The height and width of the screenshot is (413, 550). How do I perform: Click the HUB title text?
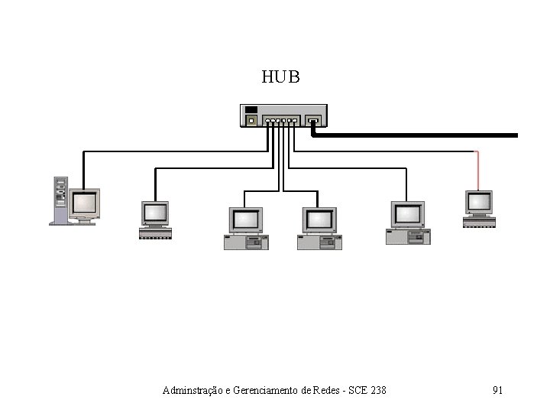coord(280,77)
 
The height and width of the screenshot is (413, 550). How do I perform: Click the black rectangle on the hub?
coord(251,109)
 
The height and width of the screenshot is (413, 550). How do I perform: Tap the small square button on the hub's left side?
coord(251,120)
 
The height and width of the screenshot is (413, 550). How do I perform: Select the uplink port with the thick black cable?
coord(312,120)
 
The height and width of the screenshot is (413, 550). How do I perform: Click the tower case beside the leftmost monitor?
coord(60,200)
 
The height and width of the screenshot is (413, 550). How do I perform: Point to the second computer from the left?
coord(154,220)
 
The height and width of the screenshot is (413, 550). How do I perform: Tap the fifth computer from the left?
coord(408,223)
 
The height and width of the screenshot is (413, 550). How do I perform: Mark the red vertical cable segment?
coord(478,169)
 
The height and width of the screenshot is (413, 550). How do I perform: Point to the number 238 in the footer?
coord(377,391)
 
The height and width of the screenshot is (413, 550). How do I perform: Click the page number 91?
coord(497,391)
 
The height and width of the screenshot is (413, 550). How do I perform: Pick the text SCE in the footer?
coord(357,391)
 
